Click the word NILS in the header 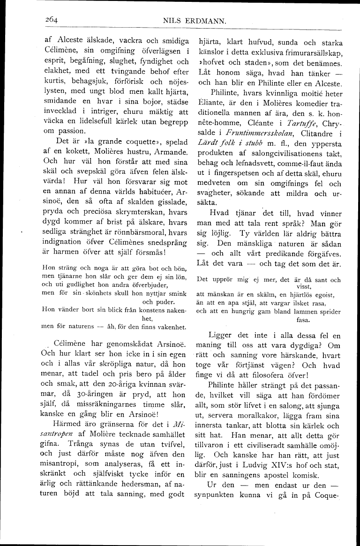click(x=172, y=21)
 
